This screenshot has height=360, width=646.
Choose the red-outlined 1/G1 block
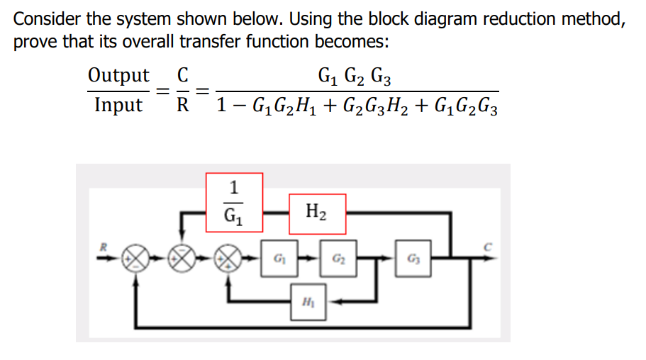click(234, 202)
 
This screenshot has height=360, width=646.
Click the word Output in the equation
click(118, 75)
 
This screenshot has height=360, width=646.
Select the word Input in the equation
click(118, 106)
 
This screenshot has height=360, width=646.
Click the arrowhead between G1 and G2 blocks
click(315, 257)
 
